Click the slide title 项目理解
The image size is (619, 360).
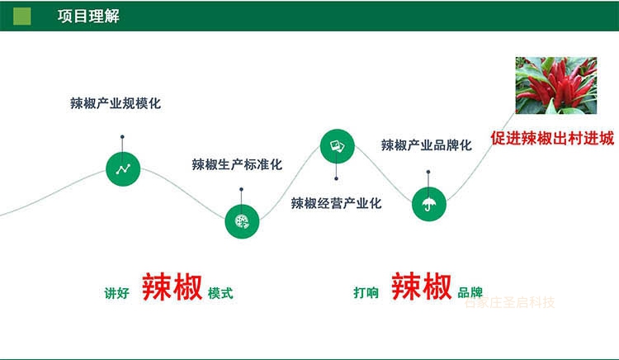(88, 16)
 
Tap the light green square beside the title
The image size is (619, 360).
(22, 16)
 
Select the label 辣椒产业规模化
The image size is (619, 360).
(115, 104)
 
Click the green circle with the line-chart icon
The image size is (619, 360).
(123, 169)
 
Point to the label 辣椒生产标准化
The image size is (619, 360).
(237, 164)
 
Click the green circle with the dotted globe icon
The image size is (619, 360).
(242, 220)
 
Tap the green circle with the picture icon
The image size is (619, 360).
(337, 146)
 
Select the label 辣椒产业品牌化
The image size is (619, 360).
(426, 145)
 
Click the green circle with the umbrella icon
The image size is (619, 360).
(428, 203)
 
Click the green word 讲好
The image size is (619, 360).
(116, 293)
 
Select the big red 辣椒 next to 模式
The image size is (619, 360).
(172, 287)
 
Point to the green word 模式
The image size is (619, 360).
(220, 293)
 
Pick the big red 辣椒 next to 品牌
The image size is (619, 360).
(421, 287)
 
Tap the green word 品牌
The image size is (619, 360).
(470, 293)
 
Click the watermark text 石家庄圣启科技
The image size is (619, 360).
(509, 302)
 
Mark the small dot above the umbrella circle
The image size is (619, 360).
(428, 172)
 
